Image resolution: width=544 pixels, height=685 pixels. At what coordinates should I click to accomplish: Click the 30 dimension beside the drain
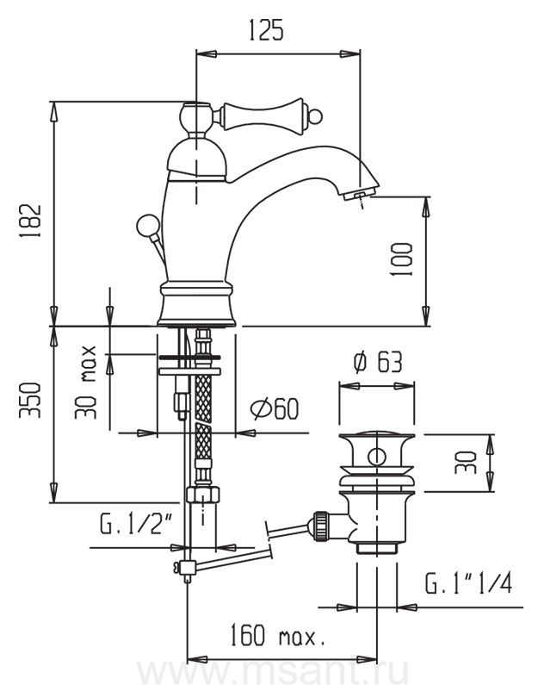click(466, 464)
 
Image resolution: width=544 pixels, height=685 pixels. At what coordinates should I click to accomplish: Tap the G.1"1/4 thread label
click(468, 585)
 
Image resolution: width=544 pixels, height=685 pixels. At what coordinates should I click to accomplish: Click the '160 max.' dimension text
click(275, 638)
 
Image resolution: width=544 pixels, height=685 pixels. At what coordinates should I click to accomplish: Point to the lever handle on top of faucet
click(258, 113)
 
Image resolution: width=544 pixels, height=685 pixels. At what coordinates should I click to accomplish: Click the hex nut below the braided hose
click(202, 495)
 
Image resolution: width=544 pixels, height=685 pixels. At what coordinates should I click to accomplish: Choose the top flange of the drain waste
click(376, 436)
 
